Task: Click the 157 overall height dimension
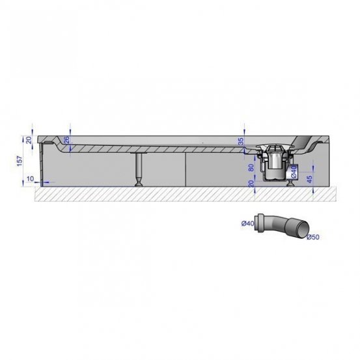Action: [x=20, y=161]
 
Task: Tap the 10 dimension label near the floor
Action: [x=31, y=178]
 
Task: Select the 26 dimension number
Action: [x=66, y=140]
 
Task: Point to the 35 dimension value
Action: [x=241, y=142]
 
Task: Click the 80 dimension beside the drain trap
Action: [x=251, y=167]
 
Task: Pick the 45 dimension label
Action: [x=309, y=179]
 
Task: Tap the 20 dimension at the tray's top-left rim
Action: [x=29, y=140]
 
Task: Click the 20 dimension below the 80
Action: [x=251, y=184]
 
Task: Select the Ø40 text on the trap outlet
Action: [x=294, y=172]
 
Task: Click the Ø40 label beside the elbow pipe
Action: [x=247, y=223]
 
